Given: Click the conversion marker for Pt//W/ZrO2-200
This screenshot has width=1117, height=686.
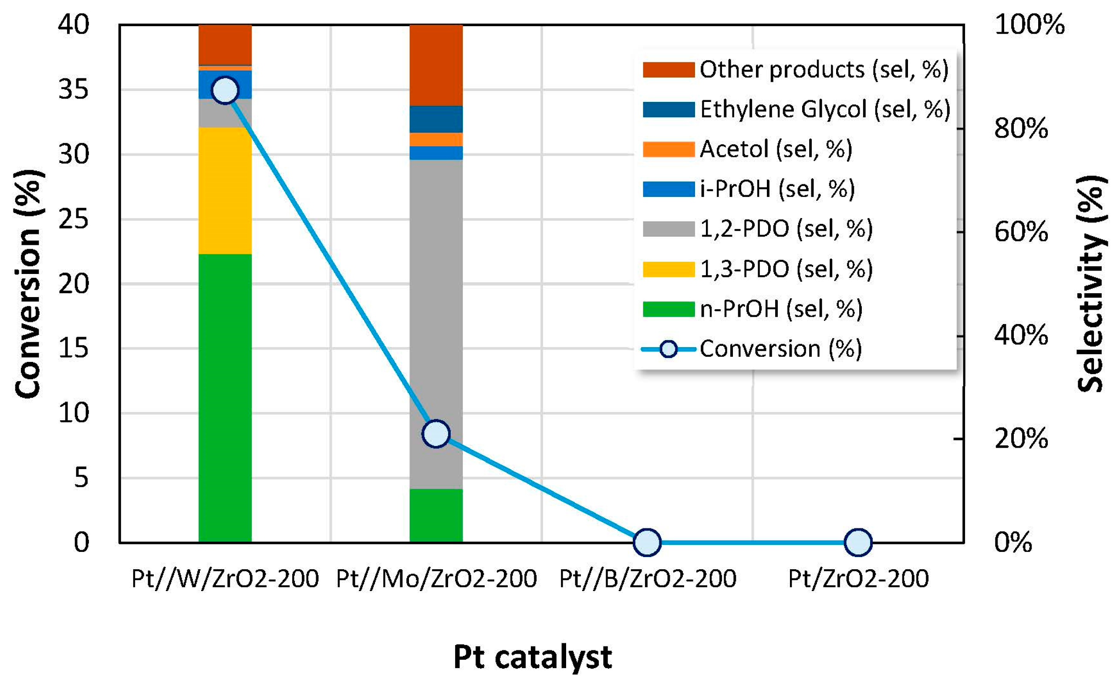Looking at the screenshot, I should coord(225,90).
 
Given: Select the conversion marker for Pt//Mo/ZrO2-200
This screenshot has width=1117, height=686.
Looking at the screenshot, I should coord(436,434).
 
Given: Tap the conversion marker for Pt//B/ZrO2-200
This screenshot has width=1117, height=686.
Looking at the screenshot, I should coord(647,542).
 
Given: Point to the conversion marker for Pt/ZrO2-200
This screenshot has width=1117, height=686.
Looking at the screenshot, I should coord(858,542).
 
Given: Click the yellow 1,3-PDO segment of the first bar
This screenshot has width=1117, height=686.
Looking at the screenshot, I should coord(225,191).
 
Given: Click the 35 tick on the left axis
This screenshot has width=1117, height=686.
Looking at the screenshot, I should coord(74,89).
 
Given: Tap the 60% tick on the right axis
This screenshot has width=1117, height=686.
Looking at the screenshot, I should coord(1020,232).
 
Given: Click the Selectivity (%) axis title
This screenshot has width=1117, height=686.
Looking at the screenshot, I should coord(1091,284).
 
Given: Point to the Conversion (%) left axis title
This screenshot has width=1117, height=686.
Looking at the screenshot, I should coord(28,284).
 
